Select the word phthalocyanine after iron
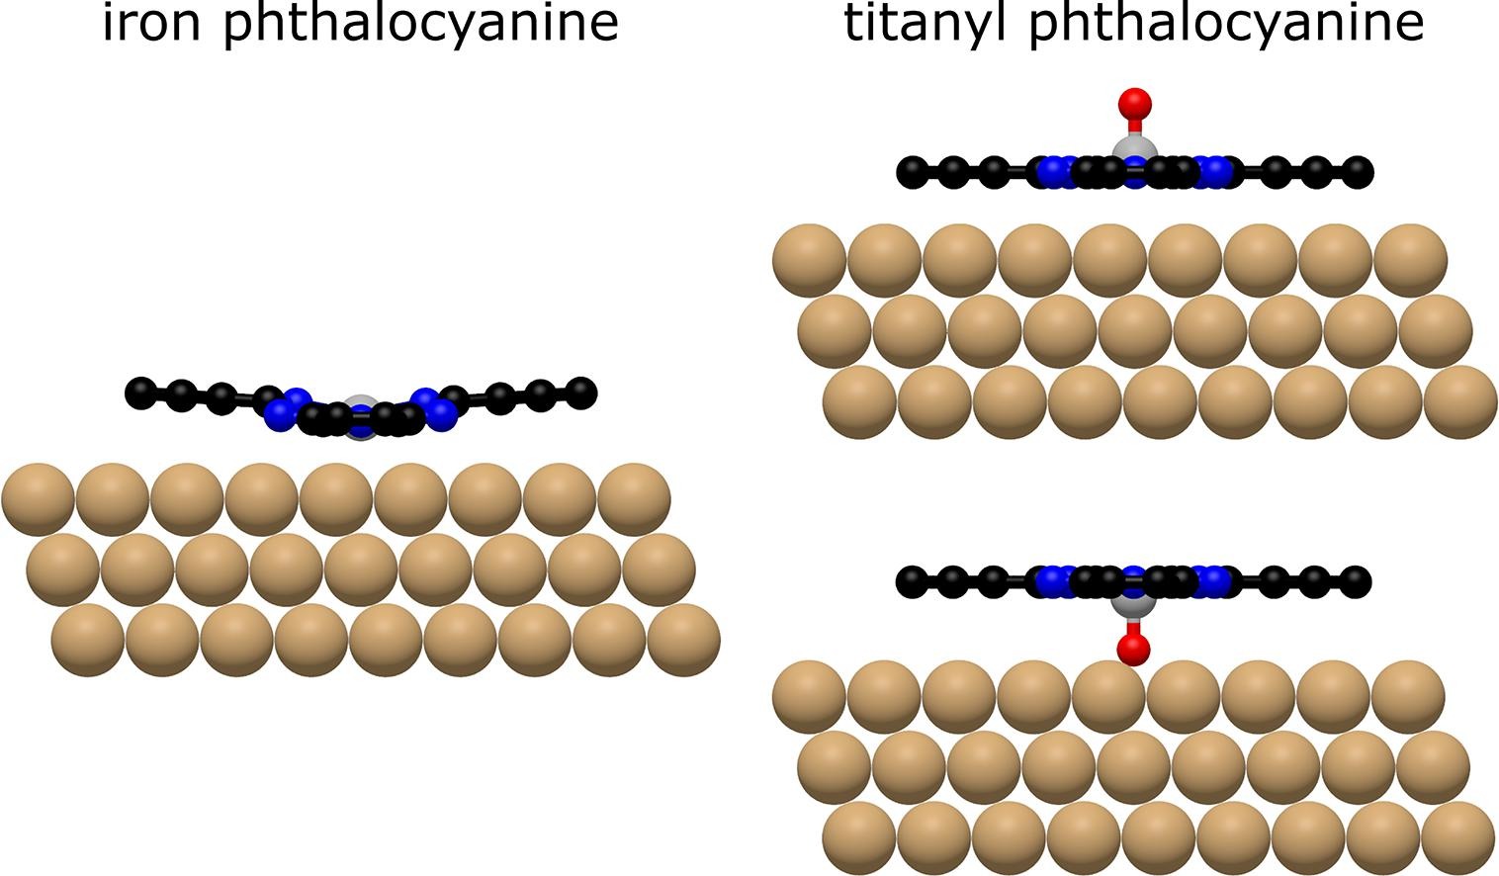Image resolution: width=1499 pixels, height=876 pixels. (419, 24)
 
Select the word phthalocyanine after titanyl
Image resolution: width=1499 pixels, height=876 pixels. (1226, 24)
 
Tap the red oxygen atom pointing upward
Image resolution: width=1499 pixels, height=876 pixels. (1134, 103)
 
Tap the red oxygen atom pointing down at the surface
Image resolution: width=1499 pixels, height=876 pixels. (1133, 649)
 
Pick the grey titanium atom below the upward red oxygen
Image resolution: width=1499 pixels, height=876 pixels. (1134, 151)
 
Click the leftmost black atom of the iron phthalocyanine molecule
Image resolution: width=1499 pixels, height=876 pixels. (140, 393)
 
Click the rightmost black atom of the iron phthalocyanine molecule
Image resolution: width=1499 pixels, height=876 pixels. (582, 392)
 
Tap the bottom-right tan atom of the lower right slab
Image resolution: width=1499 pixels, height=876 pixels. (1458, 837)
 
